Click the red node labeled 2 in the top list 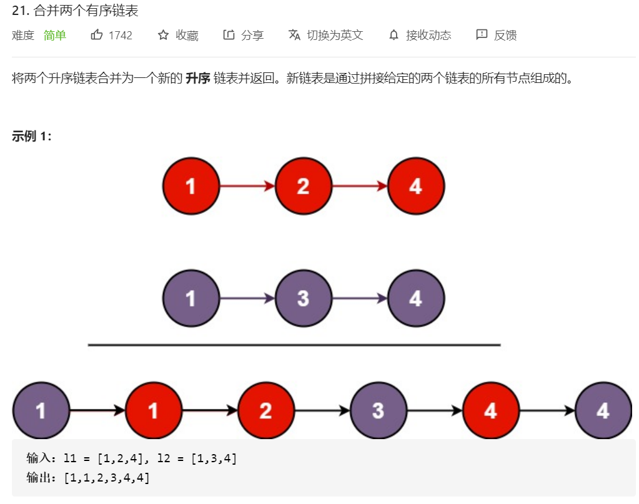303,186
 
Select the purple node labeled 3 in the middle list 303,298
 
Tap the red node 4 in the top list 416,186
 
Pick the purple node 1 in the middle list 191,298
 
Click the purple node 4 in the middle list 416,298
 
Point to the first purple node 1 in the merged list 41,410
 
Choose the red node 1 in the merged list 153,410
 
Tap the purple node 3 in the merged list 378,410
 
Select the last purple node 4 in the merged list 603,410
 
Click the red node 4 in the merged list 490,410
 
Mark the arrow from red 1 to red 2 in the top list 247,186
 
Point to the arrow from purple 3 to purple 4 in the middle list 360,298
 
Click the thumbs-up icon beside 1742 97,35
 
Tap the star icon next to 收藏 164,35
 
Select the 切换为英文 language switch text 335,35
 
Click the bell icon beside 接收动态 394,35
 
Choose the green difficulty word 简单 55,35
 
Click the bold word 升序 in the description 197,79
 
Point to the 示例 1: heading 32,137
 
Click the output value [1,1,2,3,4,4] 106,478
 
